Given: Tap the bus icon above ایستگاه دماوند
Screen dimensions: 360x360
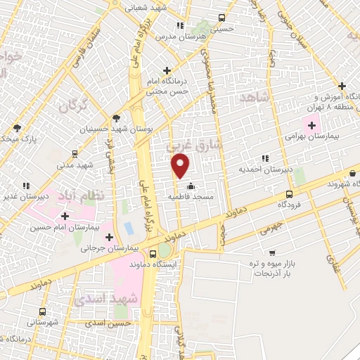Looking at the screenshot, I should pos(153,252).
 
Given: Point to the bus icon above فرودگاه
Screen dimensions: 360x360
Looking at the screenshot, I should pos(289,194).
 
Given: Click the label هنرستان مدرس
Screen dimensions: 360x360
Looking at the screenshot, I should pos(173,35).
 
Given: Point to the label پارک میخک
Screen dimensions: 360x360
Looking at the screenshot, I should pos(17,139).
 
